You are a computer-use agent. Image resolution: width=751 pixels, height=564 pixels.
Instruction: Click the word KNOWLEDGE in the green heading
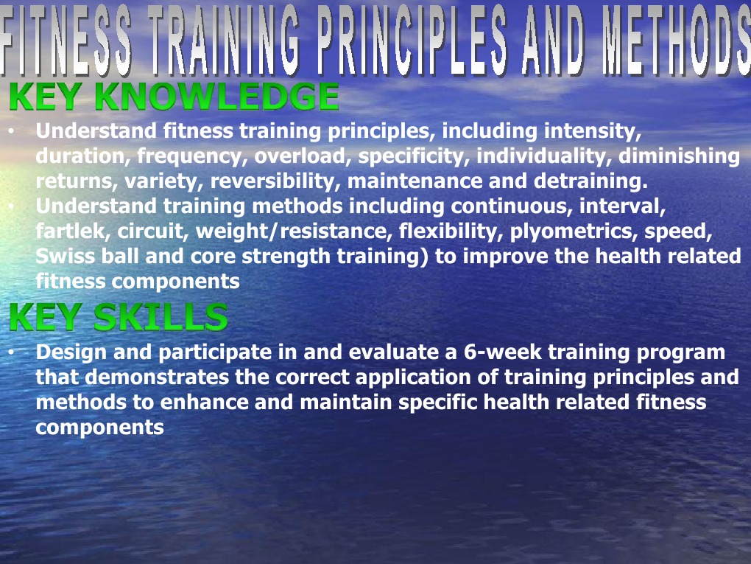pos(217,97)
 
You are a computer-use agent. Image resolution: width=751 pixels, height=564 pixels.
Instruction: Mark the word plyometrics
pos(574,231)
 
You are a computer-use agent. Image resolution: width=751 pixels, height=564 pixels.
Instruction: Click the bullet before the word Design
pos(12,352)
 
